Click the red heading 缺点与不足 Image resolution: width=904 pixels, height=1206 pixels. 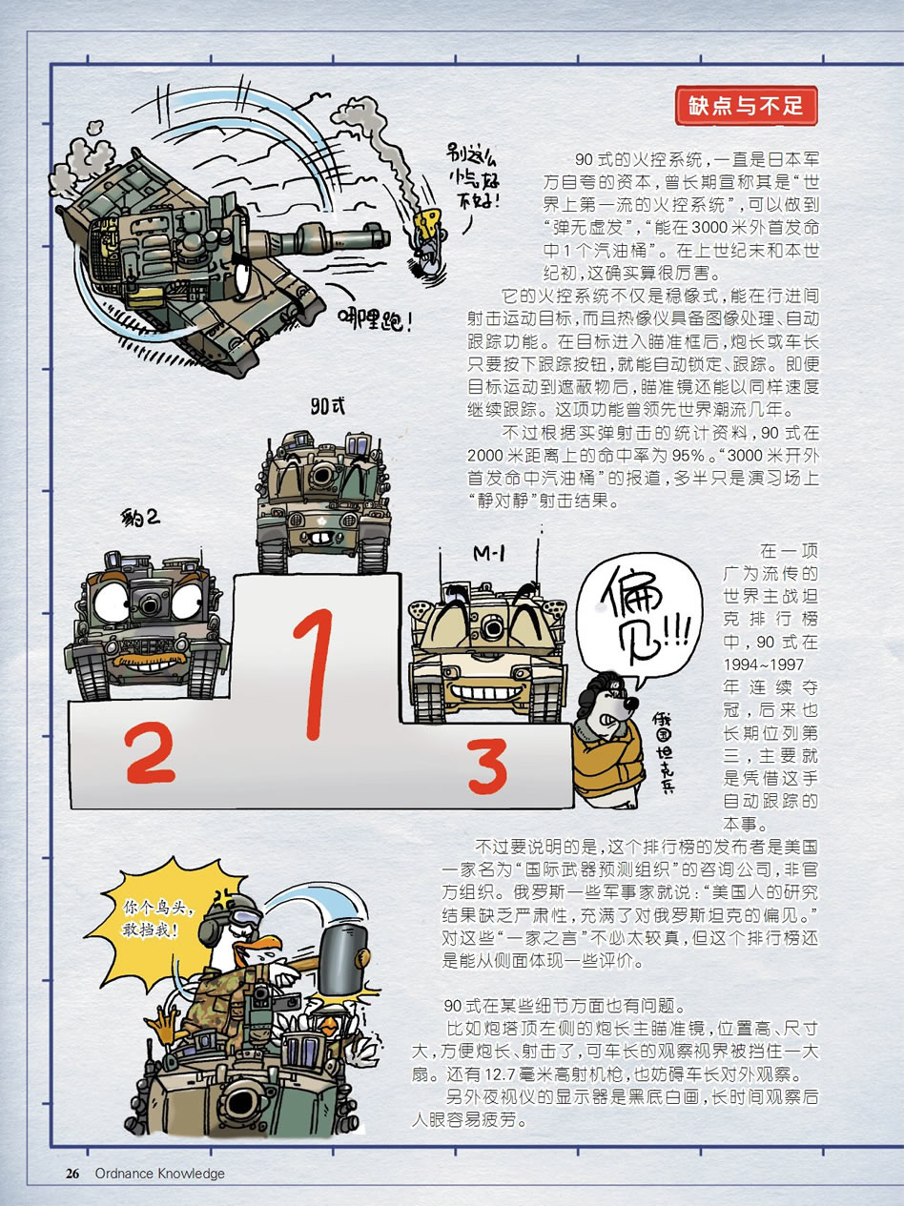point(746,106)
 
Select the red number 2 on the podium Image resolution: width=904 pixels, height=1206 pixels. point(150,752)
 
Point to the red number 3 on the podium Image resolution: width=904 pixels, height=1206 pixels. point(487,766)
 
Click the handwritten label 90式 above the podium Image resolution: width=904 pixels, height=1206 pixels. point(327,406)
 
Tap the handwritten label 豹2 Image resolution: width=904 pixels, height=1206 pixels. point(140,518)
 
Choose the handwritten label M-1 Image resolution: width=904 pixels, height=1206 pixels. point(489,554)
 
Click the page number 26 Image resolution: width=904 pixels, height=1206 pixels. point(72,1173)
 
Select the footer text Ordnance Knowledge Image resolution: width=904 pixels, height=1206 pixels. point(160,1173)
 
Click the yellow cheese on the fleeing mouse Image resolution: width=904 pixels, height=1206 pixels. point(429,222)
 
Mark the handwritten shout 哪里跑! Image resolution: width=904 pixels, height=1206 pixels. point(375,319)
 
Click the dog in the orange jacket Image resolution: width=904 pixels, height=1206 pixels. point(609,740)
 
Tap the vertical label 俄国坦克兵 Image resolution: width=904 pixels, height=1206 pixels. point(664,752)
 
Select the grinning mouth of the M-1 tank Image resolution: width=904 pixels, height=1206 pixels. point(485,692)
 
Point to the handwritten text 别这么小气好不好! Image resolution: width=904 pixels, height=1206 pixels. point(473,177)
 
